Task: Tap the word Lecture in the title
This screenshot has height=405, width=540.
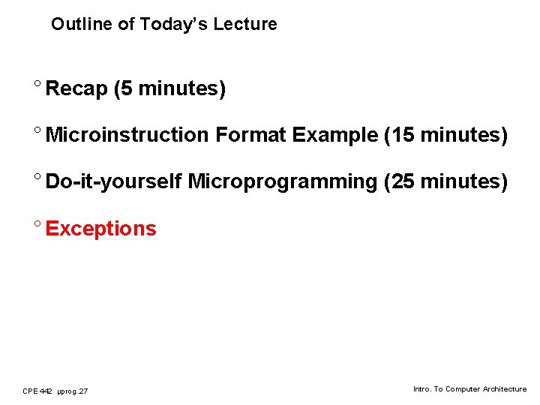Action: click(244, 24)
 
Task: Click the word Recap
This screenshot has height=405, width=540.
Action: click(76, 89)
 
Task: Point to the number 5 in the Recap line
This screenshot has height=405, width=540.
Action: click(126, 88)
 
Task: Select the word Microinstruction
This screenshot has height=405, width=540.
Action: click(127, 135)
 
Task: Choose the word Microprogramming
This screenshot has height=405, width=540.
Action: click(282, 182)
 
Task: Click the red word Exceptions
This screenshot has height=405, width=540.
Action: click(100, 229)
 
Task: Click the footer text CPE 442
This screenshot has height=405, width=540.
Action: click(37, 391)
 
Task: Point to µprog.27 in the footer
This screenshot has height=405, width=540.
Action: click(72, 391)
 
